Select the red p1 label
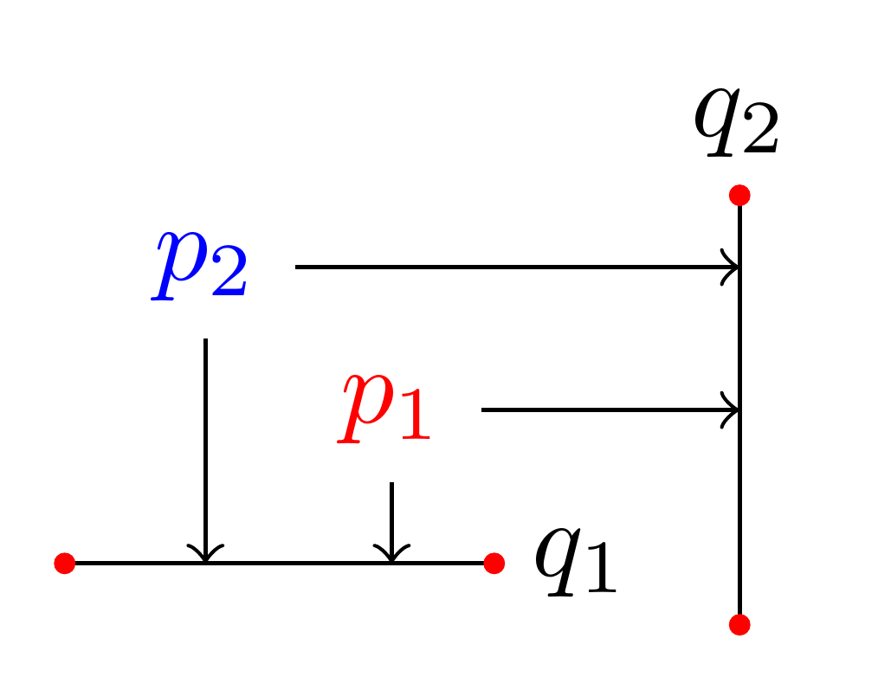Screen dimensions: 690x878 [385, 409]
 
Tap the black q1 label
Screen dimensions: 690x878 [575, 562]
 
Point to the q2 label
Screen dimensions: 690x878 [737, 125]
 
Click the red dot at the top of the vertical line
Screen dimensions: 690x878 [739, 196]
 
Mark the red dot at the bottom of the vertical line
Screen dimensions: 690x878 [739, 624]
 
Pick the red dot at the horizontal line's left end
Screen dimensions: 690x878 [65, 564]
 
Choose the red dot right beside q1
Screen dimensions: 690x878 [494, 564]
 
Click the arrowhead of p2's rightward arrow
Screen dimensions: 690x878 [733, 267]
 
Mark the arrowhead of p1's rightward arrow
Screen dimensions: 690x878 [733, 409]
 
